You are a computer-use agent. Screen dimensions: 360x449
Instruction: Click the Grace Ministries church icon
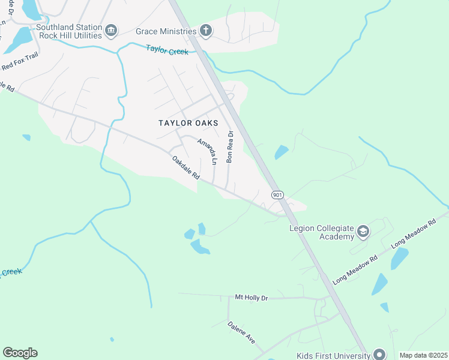click(205, 31)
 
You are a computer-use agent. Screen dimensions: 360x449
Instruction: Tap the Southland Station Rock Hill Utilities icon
click(110, 31)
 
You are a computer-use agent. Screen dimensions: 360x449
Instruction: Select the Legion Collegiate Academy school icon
click(363, 232)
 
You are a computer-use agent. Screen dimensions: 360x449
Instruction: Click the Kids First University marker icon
click(378, 355)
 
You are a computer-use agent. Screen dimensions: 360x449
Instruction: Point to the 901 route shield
click(277, 195)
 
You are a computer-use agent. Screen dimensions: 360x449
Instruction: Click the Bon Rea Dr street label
click(229, 147)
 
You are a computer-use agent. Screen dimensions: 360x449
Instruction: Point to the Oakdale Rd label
click(185, 169)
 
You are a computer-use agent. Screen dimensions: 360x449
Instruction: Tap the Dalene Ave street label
click(241, 336)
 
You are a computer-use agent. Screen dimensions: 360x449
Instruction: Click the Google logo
click(20, 353)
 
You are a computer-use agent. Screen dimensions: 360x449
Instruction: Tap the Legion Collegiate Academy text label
click(322, 232)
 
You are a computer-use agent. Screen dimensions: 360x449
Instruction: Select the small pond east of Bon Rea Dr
click(281, 152)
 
